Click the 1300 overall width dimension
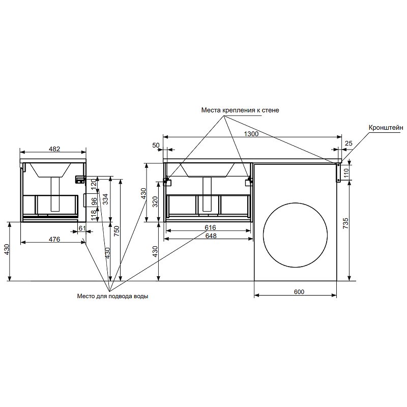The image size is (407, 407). click(x=252, y=134)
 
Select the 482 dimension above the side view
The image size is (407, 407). click(x=54, y=149)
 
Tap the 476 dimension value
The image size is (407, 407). click(x=54, y=239)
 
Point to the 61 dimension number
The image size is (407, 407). click(x=82, y=229)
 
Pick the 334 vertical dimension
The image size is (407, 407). click(x=105, y=199)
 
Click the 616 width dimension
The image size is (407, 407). click(x=211, y=227)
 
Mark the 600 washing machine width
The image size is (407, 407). click(x=299, y=292)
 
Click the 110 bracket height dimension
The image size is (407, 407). click(x=346, y=173)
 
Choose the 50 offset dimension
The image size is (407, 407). click(x=156, y=146)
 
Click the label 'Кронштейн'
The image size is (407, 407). click(x=387, y=128)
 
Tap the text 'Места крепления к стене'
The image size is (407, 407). click(x=240, y=110)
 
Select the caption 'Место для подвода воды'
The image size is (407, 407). click(x=113, y=296)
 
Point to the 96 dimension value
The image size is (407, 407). click(x=94, y=201)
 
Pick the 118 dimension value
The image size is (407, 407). click(x=94, y=216)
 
